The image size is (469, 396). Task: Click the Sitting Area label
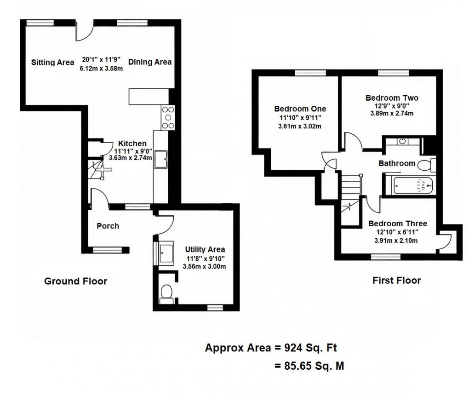point(52,63)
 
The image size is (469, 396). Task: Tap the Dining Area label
point(150,62)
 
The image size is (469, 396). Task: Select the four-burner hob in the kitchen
point(168,117)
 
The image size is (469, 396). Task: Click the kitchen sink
point(161,159)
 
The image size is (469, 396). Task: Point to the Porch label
point(108,226)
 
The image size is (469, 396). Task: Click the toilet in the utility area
point(166,293)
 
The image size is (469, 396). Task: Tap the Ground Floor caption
point(75,281)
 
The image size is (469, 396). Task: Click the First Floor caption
point(396,280)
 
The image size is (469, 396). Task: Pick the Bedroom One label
point(300,109)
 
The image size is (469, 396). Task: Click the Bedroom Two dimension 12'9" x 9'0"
point(392,106)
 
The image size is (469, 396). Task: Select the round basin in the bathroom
point(402,141)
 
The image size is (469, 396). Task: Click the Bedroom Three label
point(398,224)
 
